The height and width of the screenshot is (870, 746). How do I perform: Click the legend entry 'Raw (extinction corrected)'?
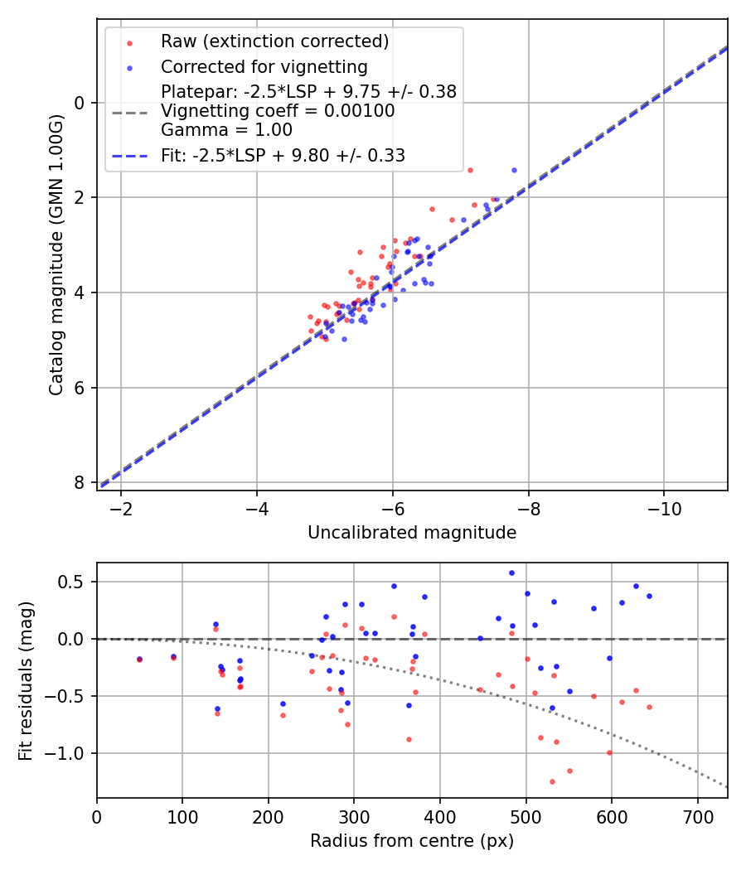pyautogui.click(x=274, y=41)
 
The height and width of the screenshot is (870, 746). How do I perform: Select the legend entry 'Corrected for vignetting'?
pyautogui.click(x=264, y=66)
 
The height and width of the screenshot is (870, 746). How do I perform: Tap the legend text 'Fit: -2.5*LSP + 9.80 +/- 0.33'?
pyautogui.click(x=283, y=155)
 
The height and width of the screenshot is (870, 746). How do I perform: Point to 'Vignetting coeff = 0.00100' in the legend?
pyautogui.click(x=278, y=111)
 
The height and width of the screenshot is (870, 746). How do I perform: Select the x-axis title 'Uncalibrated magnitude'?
pyautogui.click(x=412, y=533)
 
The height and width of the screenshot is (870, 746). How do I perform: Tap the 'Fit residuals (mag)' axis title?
pyautogui.click(x=27, y=680)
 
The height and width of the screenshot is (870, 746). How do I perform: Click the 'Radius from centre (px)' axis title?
pyautogui.click(x=412, y=841)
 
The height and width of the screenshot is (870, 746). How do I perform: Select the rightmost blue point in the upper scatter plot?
pyautogui.click(x=514, y=170)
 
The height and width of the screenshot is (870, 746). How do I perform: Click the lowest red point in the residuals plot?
pyautogui.click(x=552, y=781)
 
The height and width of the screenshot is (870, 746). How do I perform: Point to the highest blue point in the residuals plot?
pyautogui.click(x=511, y=573)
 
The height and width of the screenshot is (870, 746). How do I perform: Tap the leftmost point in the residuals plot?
pyautogui.click(x=139, y=660)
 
